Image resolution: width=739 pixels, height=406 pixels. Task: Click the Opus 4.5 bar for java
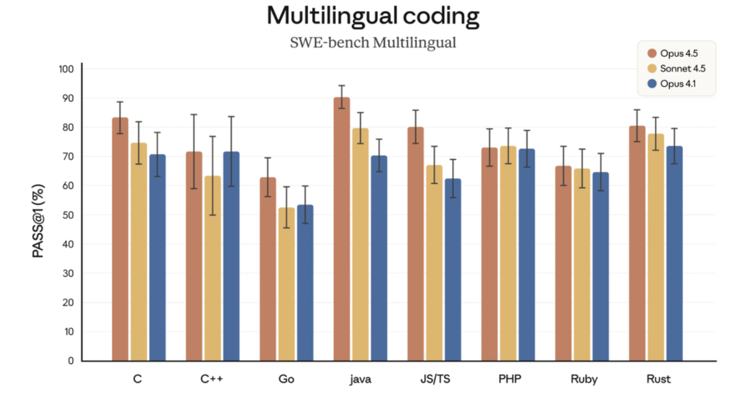(341, 229)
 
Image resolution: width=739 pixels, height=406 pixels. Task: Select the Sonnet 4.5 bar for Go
(287, 284)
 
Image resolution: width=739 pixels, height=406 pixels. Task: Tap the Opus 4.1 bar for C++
(231, 256)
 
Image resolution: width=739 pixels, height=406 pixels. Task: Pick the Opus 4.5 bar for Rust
(637, 243)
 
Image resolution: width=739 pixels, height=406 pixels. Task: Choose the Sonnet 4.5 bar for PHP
(508, 253)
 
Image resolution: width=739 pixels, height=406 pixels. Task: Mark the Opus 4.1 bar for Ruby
(600, 266)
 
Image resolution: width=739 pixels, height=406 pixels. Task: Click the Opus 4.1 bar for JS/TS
(452, 270)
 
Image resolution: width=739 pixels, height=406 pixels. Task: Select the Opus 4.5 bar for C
(120, 239)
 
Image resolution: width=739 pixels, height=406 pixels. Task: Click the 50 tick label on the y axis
(68, 215)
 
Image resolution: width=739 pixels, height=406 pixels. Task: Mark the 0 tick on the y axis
(70, 361)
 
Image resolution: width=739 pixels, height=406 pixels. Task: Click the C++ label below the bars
(212, 379)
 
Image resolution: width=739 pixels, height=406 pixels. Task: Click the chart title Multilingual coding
(373, 16)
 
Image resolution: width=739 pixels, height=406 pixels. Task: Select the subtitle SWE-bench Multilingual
(373, 43)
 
